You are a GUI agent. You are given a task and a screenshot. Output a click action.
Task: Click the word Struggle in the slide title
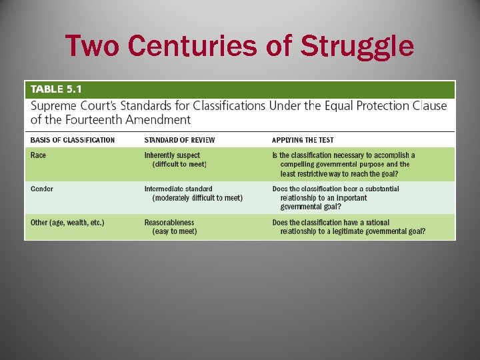click(357, 47)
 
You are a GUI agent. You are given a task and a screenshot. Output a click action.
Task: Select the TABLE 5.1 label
click(56, 89)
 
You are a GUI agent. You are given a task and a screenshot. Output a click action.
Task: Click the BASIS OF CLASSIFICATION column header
click(73, 140)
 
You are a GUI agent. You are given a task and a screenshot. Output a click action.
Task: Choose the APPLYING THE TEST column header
click(303, 140)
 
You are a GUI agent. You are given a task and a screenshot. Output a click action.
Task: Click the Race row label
click(39, 155)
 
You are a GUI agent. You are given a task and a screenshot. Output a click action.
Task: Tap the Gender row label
click(42, 189)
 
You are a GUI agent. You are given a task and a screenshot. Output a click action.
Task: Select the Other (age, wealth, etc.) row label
click(67, 223)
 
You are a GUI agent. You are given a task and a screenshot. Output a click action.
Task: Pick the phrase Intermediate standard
click(179, 189)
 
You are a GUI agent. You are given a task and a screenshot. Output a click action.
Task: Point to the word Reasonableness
click(169, 223)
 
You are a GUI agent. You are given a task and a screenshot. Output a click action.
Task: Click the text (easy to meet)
click(175, 231)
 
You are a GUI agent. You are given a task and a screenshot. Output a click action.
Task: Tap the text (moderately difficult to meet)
click(197, 198)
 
